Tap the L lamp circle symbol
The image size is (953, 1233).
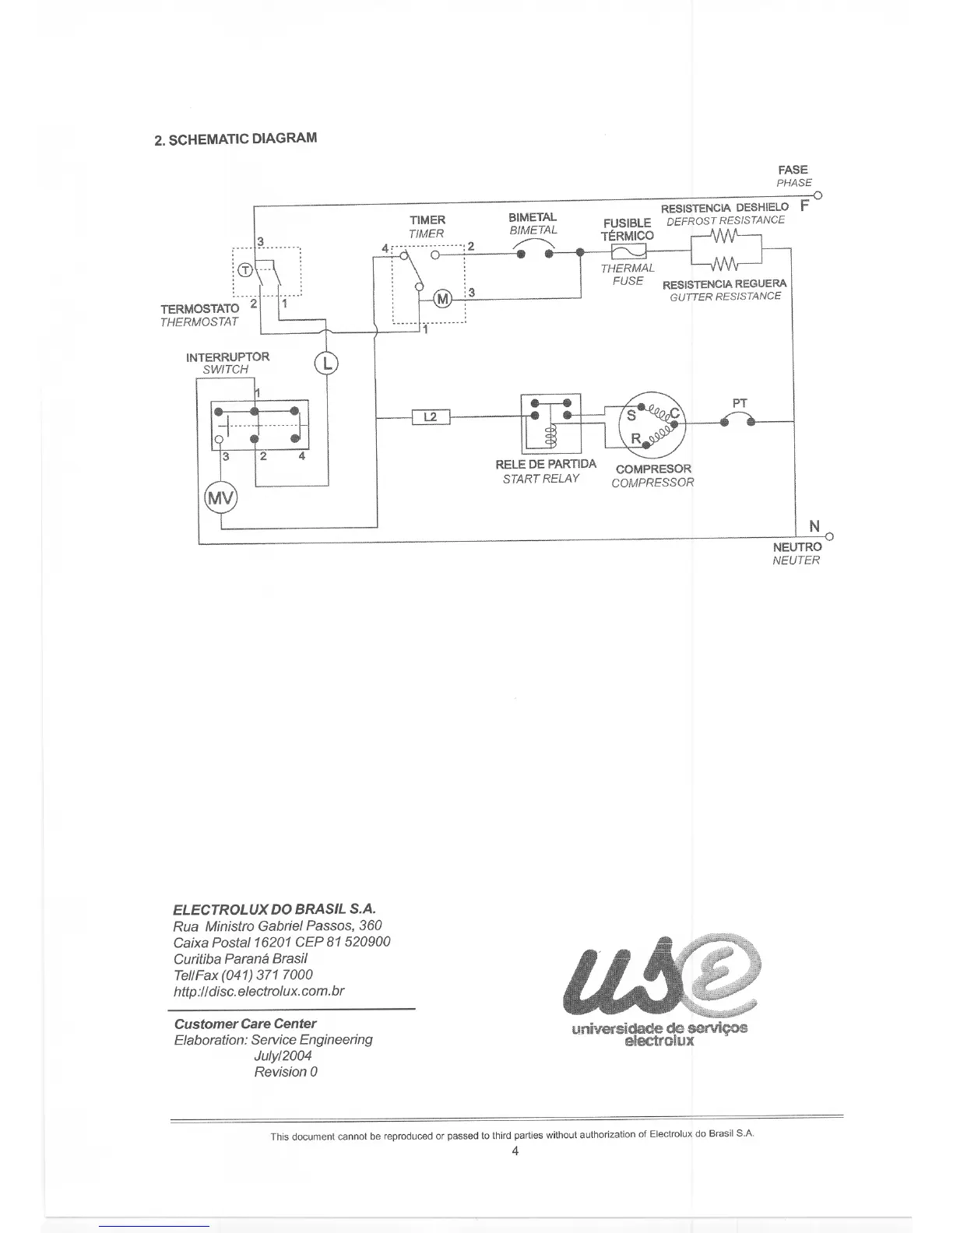click(326, 363)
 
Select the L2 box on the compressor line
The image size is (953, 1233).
click(431, 417)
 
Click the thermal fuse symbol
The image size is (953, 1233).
click(629, 251)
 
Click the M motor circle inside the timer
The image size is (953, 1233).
click(442, 299)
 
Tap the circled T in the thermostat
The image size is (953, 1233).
click(244, 270)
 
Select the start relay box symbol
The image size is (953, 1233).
click(550, 423)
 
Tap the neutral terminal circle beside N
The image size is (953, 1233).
click(829, 537)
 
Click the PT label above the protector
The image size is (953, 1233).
click(740, 403)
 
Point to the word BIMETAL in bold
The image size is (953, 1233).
click(533, 217)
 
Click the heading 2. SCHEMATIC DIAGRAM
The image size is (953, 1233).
click(235, 139)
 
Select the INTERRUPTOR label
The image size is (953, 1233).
click(227, 357)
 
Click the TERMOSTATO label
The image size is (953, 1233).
click(200, 309)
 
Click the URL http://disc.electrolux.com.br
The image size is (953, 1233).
click(259, 991)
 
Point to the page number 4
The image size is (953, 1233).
click(515, 1151)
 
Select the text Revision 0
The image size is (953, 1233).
click(286, 1072)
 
